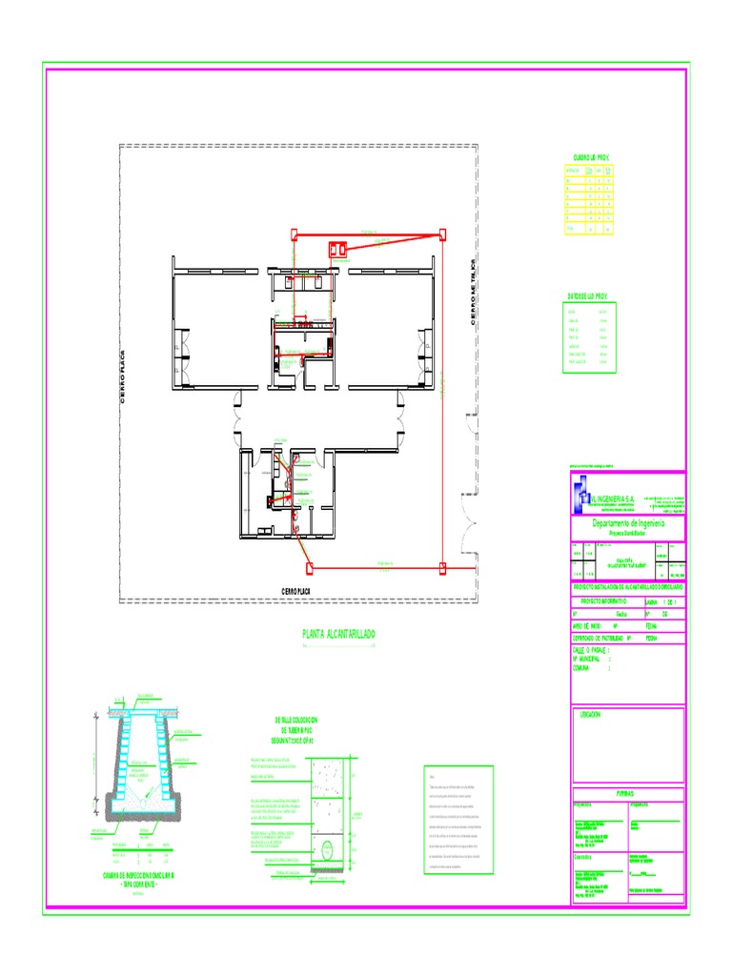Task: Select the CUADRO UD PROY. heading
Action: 591,156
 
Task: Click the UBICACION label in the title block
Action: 592,714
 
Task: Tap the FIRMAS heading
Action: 626,793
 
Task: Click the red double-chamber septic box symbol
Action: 336,251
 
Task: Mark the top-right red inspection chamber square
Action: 443,232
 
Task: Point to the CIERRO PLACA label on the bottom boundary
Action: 296,592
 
